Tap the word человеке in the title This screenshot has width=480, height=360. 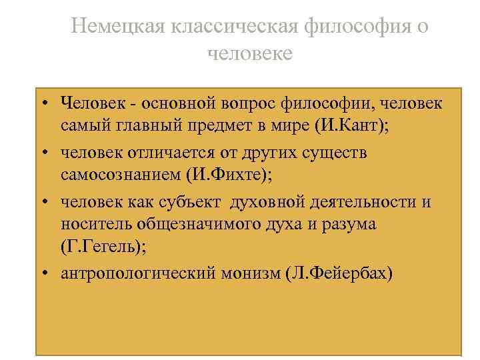coord(250,53)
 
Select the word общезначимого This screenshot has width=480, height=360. coord(188,225)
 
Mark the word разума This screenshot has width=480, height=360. coord(349,225)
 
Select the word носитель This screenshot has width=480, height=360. coord(91,225)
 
